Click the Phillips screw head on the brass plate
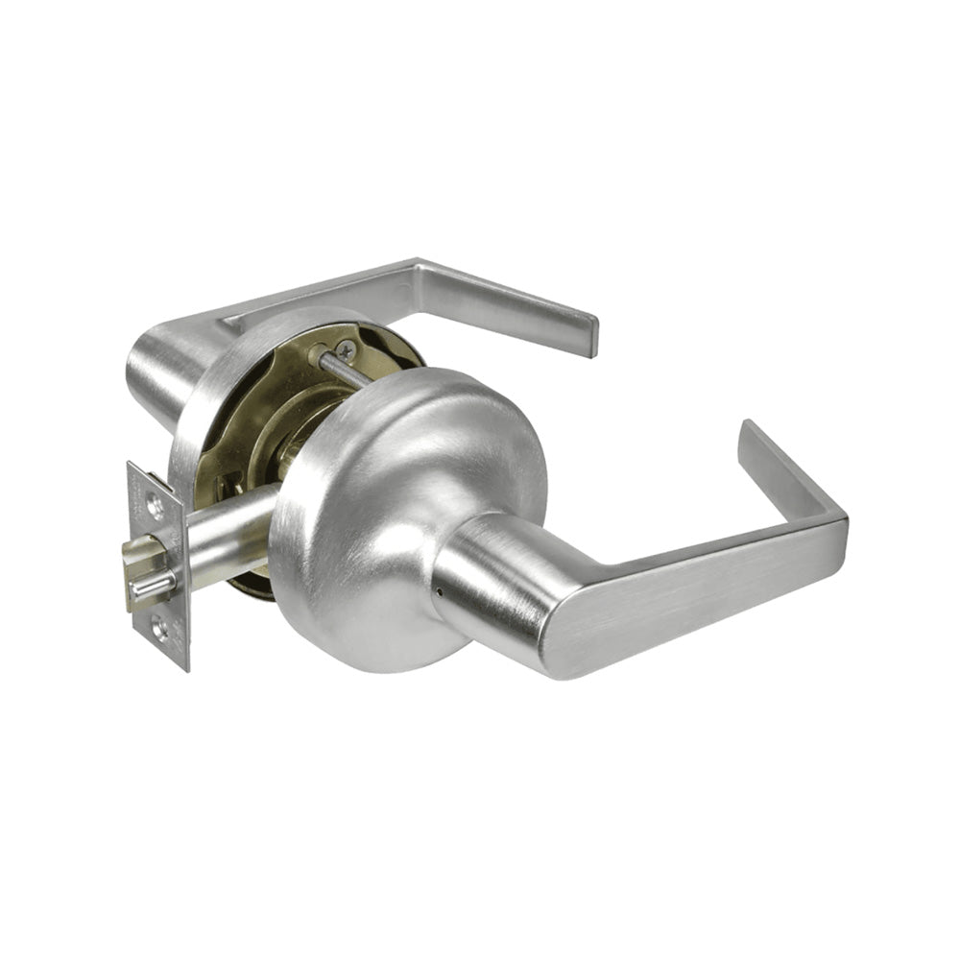point(346,352)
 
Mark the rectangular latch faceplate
point(158,566)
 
